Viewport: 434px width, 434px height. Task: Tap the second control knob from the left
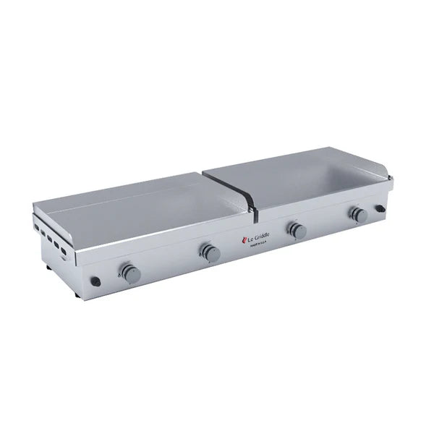point(210,252)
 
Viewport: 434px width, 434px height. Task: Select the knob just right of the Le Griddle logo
point(297,231)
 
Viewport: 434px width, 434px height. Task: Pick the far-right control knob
point(357,213)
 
